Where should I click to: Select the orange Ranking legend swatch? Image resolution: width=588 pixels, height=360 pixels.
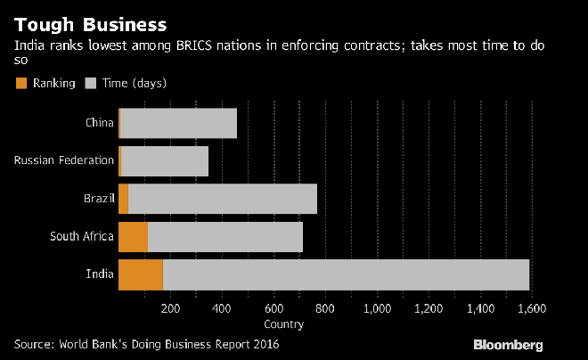click(21, 83)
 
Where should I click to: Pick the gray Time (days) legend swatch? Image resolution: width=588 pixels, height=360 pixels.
click(89, 83)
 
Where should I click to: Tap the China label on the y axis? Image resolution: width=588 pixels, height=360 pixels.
click(99, 123)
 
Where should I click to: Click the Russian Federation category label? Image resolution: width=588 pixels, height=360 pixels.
click(64, 160)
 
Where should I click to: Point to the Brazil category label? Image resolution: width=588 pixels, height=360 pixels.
click(98, 199)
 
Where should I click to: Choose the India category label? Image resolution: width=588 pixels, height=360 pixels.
click(100, 274)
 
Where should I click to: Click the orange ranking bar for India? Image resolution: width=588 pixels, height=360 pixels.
click(140, 274)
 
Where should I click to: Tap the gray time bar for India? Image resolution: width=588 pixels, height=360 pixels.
click(346, 274)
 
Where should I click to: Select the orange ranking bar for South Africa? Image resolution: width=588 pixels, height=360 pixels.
click(133, 236)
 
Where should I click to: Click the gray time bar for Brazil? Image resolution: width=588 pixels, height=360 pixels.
click(223, 199)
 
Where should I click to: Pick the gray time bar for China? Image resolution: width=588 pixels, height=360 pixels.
click(178, 123)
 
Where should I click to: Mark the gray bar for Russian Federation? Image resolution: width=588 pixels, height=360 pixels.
click(165, 160)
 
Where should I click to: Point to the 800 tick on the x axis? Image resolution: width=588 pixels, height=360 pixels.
click(326, 309)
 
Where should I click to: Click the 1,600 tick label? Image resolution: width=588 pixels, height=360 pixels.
click(531, 309)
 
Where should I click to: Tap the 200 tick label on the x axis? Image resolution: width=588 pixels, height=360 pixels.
click(171, 309)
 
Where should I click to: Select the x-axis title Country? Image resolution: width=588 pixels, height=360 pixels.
click(284, 323)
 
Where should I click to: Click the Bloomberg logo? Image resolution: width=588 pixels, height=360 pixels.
click(507, 344)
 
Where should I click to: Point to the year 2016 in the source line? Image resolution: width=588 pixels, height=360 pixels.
click(277, 343)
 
